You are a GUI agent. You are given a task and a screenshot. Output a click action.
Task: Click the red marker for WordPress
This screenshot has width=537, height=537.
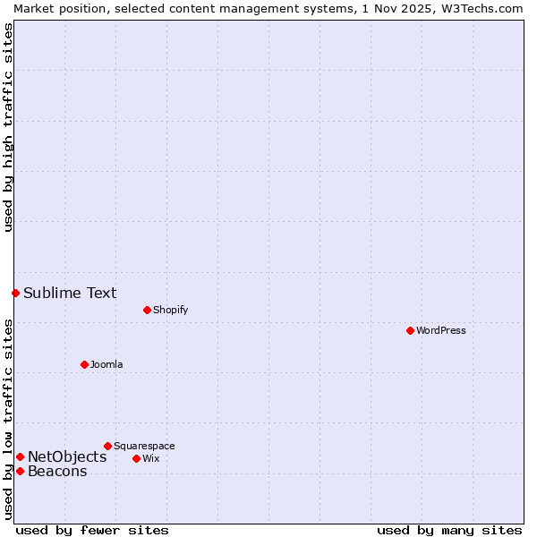point(410,330)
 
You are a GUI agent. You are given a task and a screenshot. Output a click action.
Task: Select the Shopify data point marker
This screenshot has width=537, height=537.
point(147,310)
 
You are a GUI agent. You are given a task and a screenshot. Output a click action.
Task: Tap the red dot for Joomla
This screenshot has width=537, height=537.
point(84,364)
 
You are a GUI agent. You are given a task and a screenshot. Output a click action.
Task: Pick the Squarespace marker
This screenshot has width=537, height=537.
point(107,446)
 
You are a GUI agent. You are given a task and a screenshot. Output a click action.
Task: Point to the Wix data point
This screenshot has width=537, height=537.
point(136,458)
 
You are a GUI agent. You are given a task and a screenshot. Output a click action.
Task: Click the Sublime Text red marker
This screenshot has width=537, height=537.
point(15,293)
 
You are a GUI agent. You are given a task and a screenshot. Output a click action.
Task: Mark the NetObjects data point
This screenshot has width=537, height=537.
point(20,456)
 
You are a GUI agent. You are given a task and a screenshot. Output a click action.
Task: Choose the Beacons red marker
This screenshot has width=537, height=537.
point(20,471)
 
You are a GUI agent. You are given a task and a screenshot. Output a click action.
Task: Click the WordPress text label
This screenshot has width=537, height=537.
point(441,330)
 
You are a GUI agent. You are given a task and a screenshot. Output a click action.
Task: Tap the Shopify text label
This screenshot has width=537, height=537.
point(170,310)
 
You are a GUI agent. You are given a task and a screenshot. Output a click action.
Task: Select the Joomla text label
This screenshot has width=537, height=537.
point(107,364)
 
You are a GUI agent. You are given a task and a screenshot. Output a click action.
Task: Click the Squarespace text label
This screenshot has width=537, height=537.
point(144,446)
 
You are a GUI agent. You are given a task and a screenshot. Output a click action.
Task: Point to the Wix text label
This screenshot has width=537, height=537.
point(150,458)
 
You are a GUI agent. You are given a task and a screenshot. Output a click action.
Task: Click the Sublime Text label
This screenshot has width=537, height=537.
point(70,293)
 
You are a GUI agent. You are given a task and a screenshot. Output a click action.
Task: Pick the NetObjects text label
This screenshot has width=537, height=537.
point(67,456)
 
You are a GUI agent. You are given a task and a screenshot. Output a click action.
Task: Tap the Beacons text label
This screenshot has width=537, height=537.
point(57,471)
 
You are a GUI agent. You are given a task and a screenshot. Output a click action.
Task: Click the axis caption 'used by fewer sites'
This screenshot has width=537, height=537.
point(92,530)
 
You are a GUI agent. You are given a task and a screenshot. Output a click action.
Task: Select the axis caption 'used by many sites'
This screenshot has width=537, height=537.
point(449,530)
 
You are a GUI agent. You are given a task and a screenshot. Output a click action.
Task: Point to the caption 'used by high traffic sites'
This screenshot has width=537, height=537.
point(8,127)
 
